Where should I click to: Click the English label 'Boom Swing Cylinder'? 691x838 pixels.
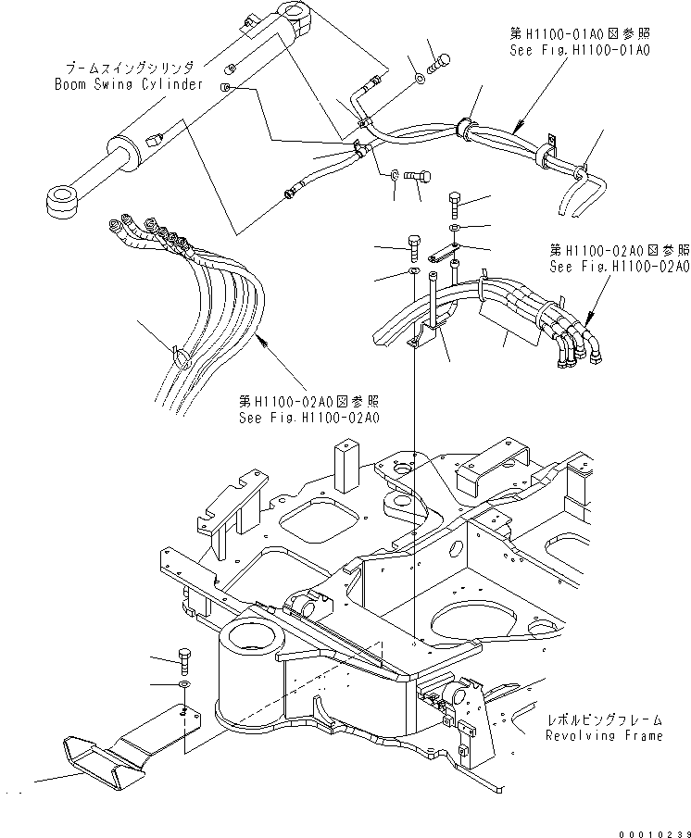pos(127,84)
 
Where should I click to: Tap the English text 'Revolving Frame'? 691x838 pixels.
pos(603,736)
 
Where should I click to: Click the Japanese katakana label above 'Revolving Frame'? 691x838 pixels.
pos(603,719)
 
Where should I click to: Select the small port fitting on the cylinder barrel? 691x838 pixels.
pos(153,139)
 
